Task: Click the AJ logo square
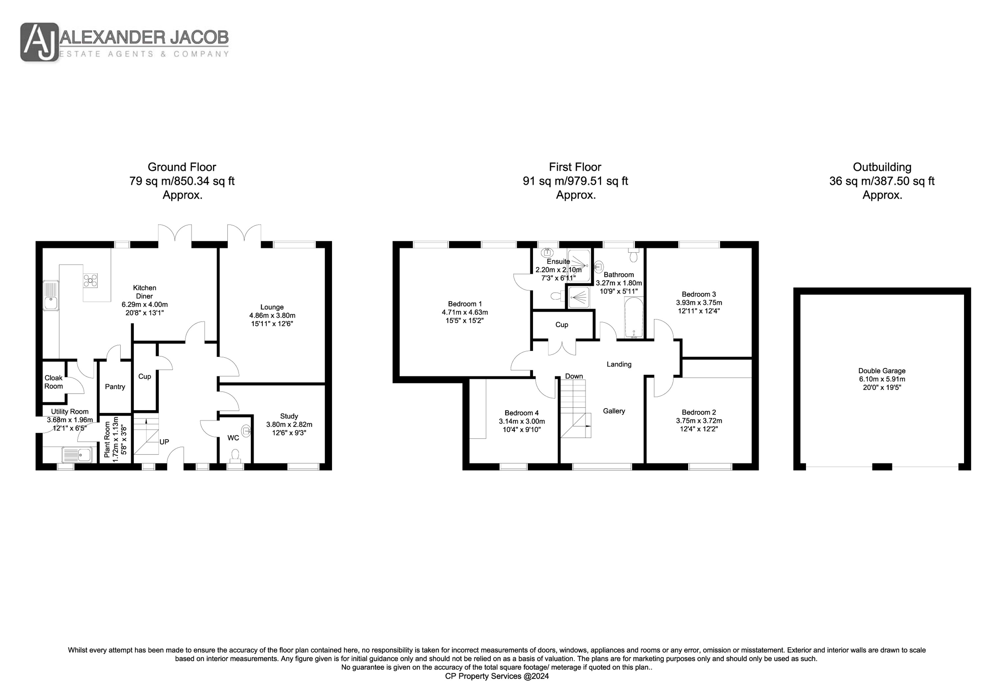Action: click(x=39, y=42)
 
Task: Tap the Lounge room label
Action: click(x=272, y=307)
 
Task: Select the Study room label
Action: click(x=289, y=416)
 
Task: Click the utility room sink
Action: click(x=77, y=455)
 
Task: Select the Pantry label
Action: click(x=115, y=386)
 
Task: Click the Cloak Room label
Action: click(x=54, y=382)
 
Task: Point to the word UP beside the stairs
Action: click(x=164, y=441)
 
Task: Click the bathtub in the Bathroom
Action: click(x=633, y=318)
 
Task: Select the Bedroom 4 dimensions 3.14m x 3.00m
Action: click(x=522, y=421)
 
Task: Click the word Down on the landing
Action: click(x=574, y=376)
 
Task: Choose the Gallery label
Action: click(x=614, y=411)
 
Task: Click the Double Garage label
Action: click(x=882, y=371)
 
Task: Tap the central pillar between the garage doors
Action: click(x=882, y=467)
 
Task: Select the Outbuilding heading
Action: click(x=882, y=167)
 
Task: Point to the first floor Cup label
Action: click(x=561, y=325)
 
